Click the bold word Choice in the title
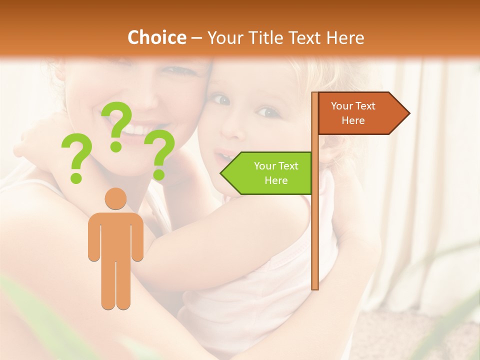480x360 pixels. [x=156, y=38]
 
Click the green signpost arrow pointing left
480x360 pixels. [x=267, y=173]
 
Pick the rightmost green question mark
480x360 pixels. [x=159, y=154]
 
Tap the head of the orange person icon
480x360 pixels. [x=116, y=198]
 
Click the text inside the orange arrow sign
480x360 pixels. [x=353, y=113]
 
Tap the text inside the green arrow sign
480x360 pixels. [x=276, y=173]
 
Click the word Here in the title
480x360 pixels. [x=345, y=38]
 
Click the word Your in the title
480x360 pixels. [x=224, y=38]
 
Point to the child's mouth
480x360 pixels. [x=224, y=156]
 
